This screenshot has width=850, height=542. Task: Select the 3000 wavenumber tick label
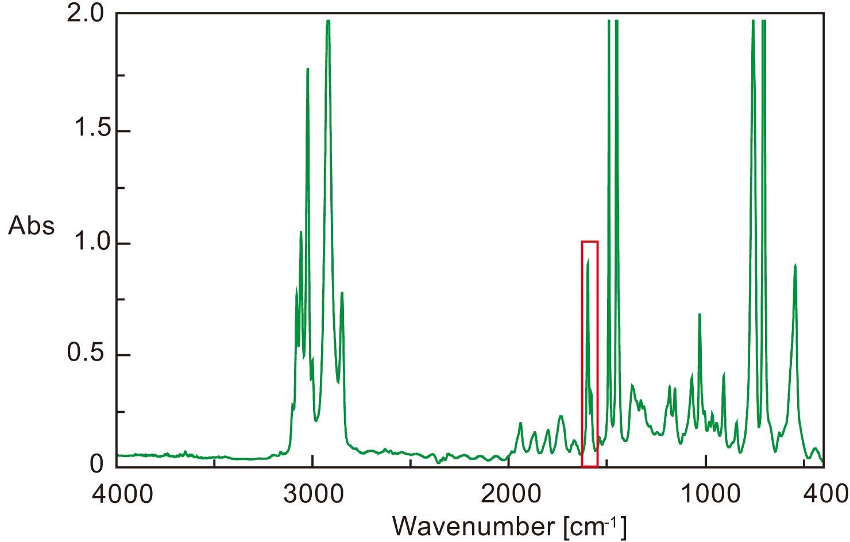pos(312,493)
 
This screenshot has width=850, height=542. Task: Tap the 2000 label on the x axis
pos(509,493)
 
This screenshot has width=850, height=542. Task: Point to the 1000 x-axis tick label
pos(706,493)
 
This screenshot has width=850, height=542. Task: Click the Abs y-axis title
pos(32,226)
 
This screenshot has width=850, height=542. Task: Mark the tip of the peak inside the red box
pos(588,261)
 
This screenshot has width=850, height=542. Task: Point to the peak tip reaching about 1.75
pos(308,69)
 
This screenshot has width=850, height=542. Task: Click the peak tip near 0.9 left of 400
pos(795,265)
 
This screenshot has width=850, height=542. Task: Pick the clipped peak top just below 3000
pos(328,21)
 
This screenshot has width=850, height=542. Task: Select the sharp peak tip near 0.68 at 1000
pos(700,315)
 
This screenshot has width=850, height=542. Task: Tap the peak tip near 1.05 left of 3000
pos(301,232)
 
